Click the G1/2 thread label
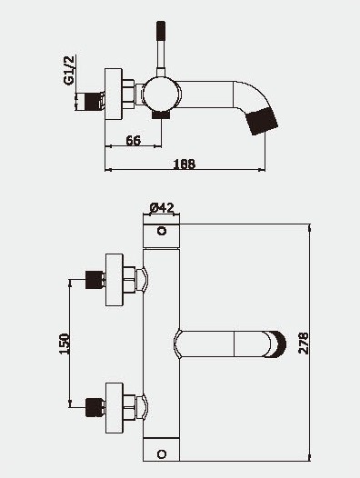click(69, 70)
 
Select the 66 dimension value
click(134, 141)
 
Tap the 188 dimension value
click(185, 164)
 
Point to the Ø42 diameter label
click(162, 208)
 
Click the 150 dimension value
click(64, 344)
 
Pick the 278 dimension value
click(304, 344)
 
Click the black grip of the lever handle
click(161, 31)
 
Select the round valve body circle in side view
click(162, 93)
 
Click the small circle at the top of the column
click(162, 231)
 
